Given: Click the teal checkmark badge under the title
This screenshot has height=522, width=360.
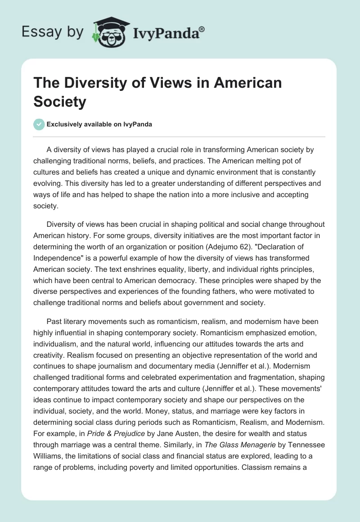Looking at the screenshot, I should click(x=39, y=124).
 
